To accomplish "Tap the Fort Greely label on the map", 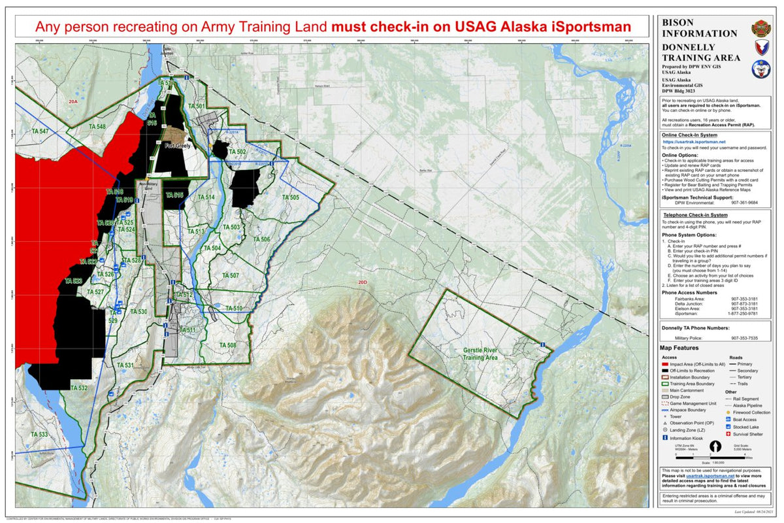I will pos(177,146).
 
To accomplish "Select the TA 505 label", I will pos(290,197).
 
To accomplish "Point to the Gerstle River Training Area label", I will pos(480,354).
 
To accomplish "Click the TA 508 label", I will pos(227,345).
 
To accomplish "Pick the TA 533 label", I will pos(39,435).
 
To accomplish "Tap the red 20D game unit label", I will pos(363,282).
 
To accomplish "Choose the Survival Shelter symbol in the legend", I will pos(728,433).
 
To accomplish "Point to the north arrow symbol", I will pos(716,447).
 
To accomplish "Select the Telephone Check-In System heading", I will pos(695,214).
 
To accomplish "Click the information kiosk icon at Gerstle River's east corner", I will pos(544,345).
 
